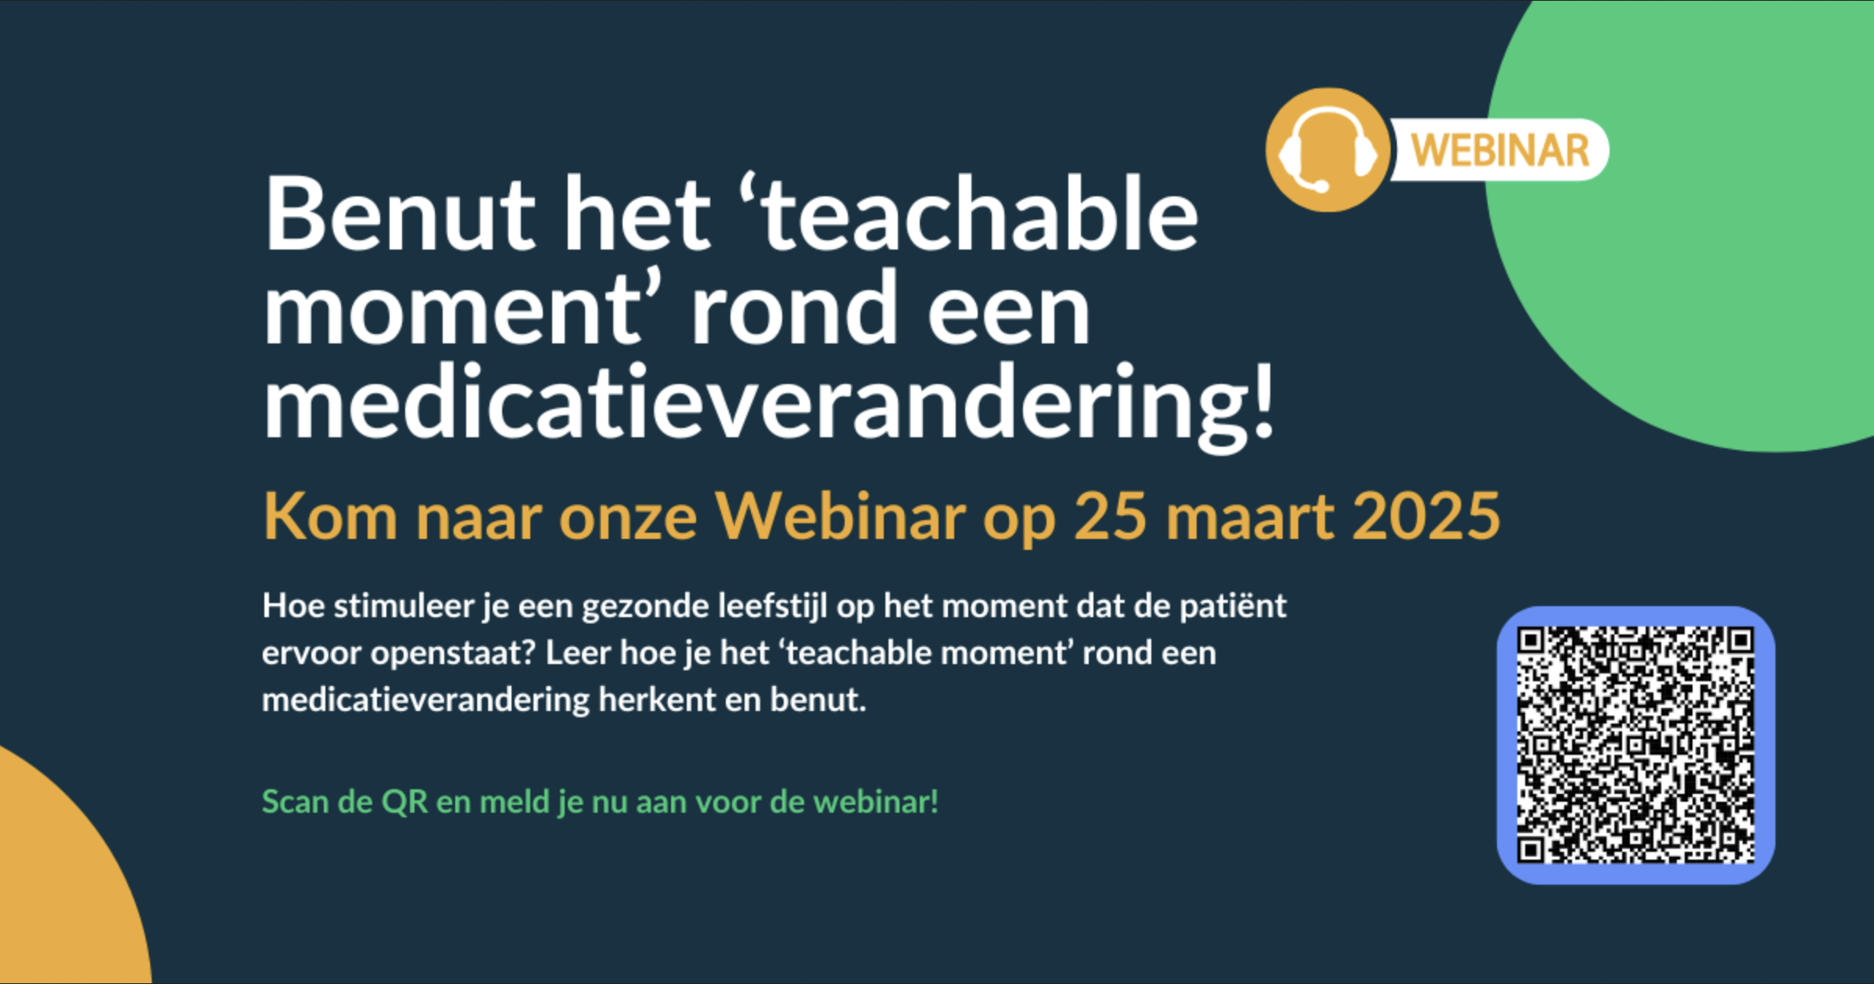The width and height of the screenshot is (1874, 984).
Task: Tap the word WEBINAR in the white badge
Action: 1500,150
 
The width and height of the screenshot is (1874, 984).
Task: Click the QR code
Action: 1635,745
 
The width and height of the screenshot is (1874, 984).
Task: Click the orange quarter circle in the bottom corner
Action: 55,892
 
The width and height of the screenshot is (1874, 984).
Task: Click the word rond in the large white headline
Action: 794,310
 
